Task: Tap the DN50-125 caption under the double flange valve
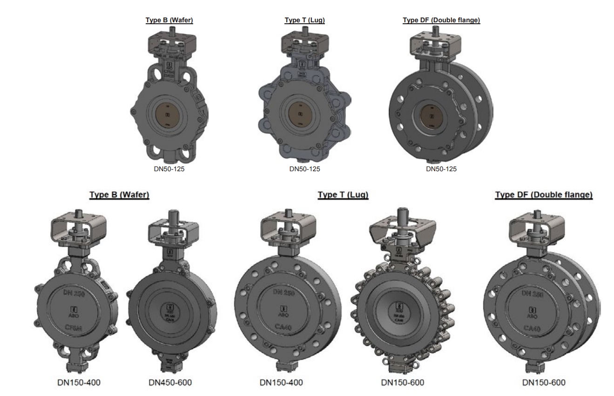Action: point(441,169)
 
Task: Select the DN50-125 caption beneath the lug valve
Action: point(304,169)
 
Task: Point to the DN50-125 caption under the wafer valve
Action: point(169,169)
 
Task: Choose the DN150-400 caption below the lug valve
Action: point(281,383)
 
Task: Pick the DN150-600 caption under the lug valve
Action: point(403,383)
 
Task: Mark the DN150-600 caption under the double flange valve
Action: point(544,383)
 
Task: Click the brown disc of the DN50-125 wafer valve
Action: point(169,115)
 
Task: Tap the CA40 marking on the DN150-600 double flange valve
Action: point(531,329)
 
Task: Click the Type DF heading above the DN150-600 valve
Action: point(543,195)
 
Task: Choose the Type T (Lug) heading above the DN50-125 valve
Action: point(304,20)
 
